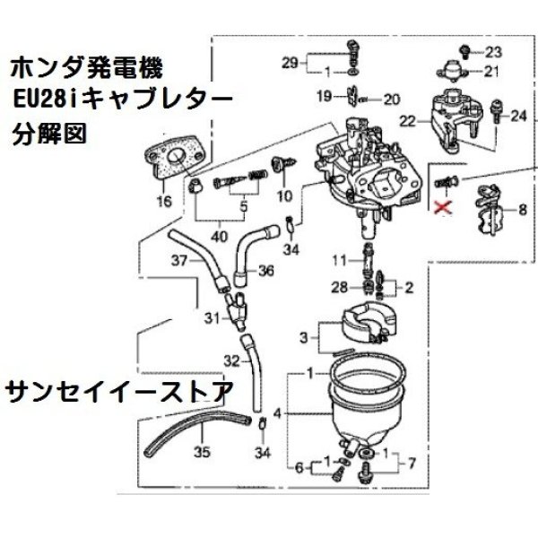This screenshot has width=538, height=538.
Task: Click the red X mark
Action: (x=442, y=208)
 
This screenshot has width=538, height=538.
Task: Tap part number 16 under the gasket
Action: (x=164, y=201)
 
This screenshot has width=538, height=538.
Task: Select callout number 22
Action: (x=408, y=121)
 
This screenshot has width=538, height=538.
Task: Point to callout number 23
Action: (x=493, y=52)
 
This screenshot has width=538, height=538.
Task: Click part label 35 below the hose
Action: (x=202, y=452)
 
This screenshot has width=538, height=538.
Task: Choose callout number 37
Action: (x=179, y=261)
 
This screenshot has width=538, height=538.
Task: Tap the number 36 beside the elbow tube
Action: (x=266, y=271)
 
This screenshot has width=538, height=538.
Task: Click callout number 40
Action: (x=220, y=236)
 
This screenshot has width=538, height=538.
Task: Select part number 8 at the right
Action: (x=523, y=209)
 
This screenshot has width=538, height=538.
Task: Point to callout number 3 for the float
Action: (x=304, y=338)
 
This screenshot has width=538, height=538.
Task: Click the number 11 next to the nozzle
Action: (x=339, y=261)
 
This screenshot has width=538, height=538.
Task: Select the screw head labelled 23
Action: (x=465, y=51)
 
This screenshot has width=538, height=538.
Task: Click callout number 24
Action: (x=518, y=116)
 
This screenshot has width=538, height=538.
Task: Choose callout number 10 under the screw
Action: (x=284, y=196)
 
